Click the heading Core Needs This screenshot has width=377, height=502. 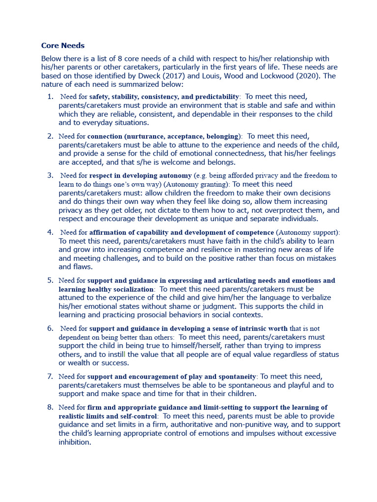[x=63, y=46]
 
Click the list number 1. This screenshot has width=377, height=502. [x=50, y=97]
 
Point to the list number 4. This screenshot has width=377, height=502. [x=50, y=232]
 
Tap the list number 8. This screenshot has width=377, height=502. [x=50, y=407]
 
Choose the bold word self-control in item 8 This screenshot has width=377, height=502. [x=137, y=416]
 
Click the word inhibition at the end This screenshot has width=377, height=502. [x=74, y=442]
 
